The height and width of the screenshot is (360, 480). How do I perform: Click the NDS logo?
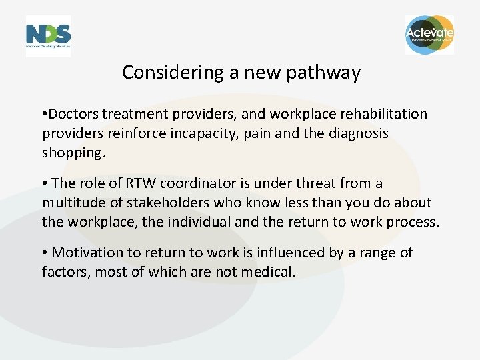pos(48,36)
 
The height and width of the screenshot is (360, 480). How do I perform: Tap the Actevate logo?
pos(429,35)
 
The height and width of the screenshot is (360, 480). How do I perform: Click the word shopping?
pos(73,153)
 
